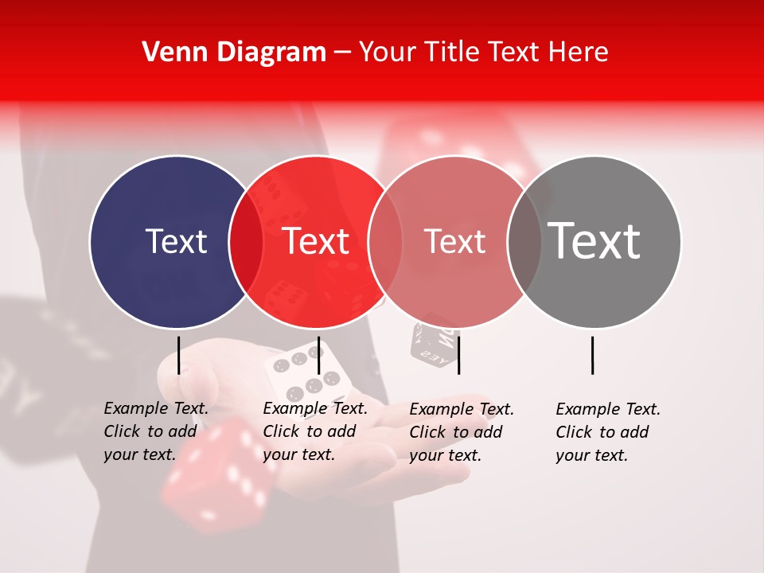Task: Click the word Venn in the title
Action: pos(171,53)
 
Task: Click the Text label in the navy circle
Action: pos(176,241)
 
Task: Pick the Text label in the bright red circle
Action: pos(315,241)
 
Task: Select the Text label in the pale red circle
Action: pos(454,241)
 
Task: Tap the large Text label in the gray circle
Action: pos(594,241)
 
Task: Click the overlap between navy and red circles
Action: pos(246,242)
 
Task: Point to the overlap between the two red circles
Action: pos(385,242)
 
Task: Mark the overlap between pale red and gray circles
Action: pos(524,242)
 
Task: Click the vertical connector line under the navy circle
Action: pos(179,355)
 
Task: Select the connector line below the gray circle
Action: pos(593,355)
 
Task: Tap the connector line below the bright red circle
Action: pos(318,355)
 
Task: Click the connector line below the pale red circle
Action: pos(458,355)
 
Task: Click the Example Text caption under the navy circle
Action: pos(156,431)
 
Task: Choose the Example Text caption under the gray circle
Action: pos(608,432)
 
